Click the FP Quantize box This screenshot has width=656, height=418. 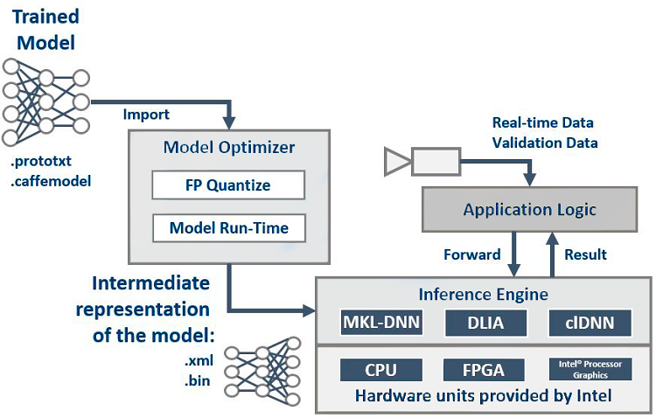click(227, 185)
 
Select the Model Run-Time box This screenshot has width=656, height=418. click(227, 229)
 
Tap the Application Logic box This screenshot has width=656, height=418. click(529, 209)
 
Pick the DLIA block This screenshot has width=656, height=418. click(485, 323)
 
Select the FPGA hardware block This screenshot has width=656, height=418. click(485, 370)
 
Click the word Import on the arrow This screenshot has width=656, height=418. click(146, 115)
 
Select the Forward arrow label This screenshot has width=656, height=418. click(472, 255)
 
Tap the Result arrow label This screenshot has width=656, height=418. click(585, 255)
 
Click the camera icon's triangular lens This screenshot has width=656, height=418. click(395, 161)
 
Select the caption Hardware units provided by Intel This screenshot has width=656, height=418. click(484, 394)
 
